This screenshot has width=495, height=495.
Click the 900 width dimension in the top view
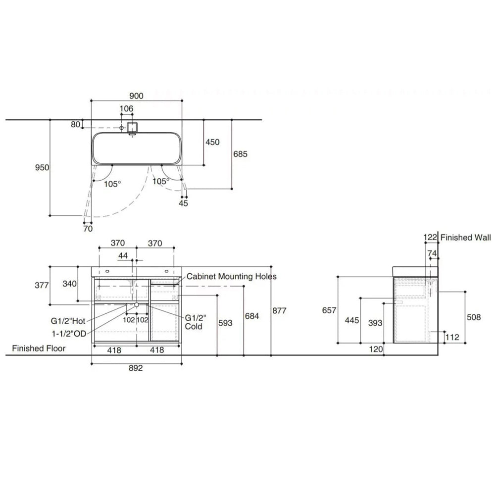[x=136, y=96]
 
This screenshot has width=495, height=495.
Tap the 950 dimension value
[x=42, y=167]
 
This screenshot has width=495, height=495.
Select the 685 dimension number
[x=240, y=154]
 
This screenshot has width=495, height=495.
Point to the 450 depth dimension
[x=212, y=142]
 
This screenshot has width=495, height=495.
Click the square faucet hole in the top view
[x=132, y=127]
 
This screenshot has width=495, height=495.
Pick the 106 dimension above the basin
[x=126, y=108]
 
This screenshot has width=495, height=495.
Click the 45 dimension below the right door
[x=183, y=203]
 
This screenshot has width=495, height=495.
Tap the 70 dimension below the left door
[x=88, y=228]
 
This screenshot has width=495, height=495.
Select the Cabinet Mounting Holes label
[x=231, y=277]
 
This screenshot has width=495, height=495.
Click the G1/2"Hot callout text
[x=68, y=321]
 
